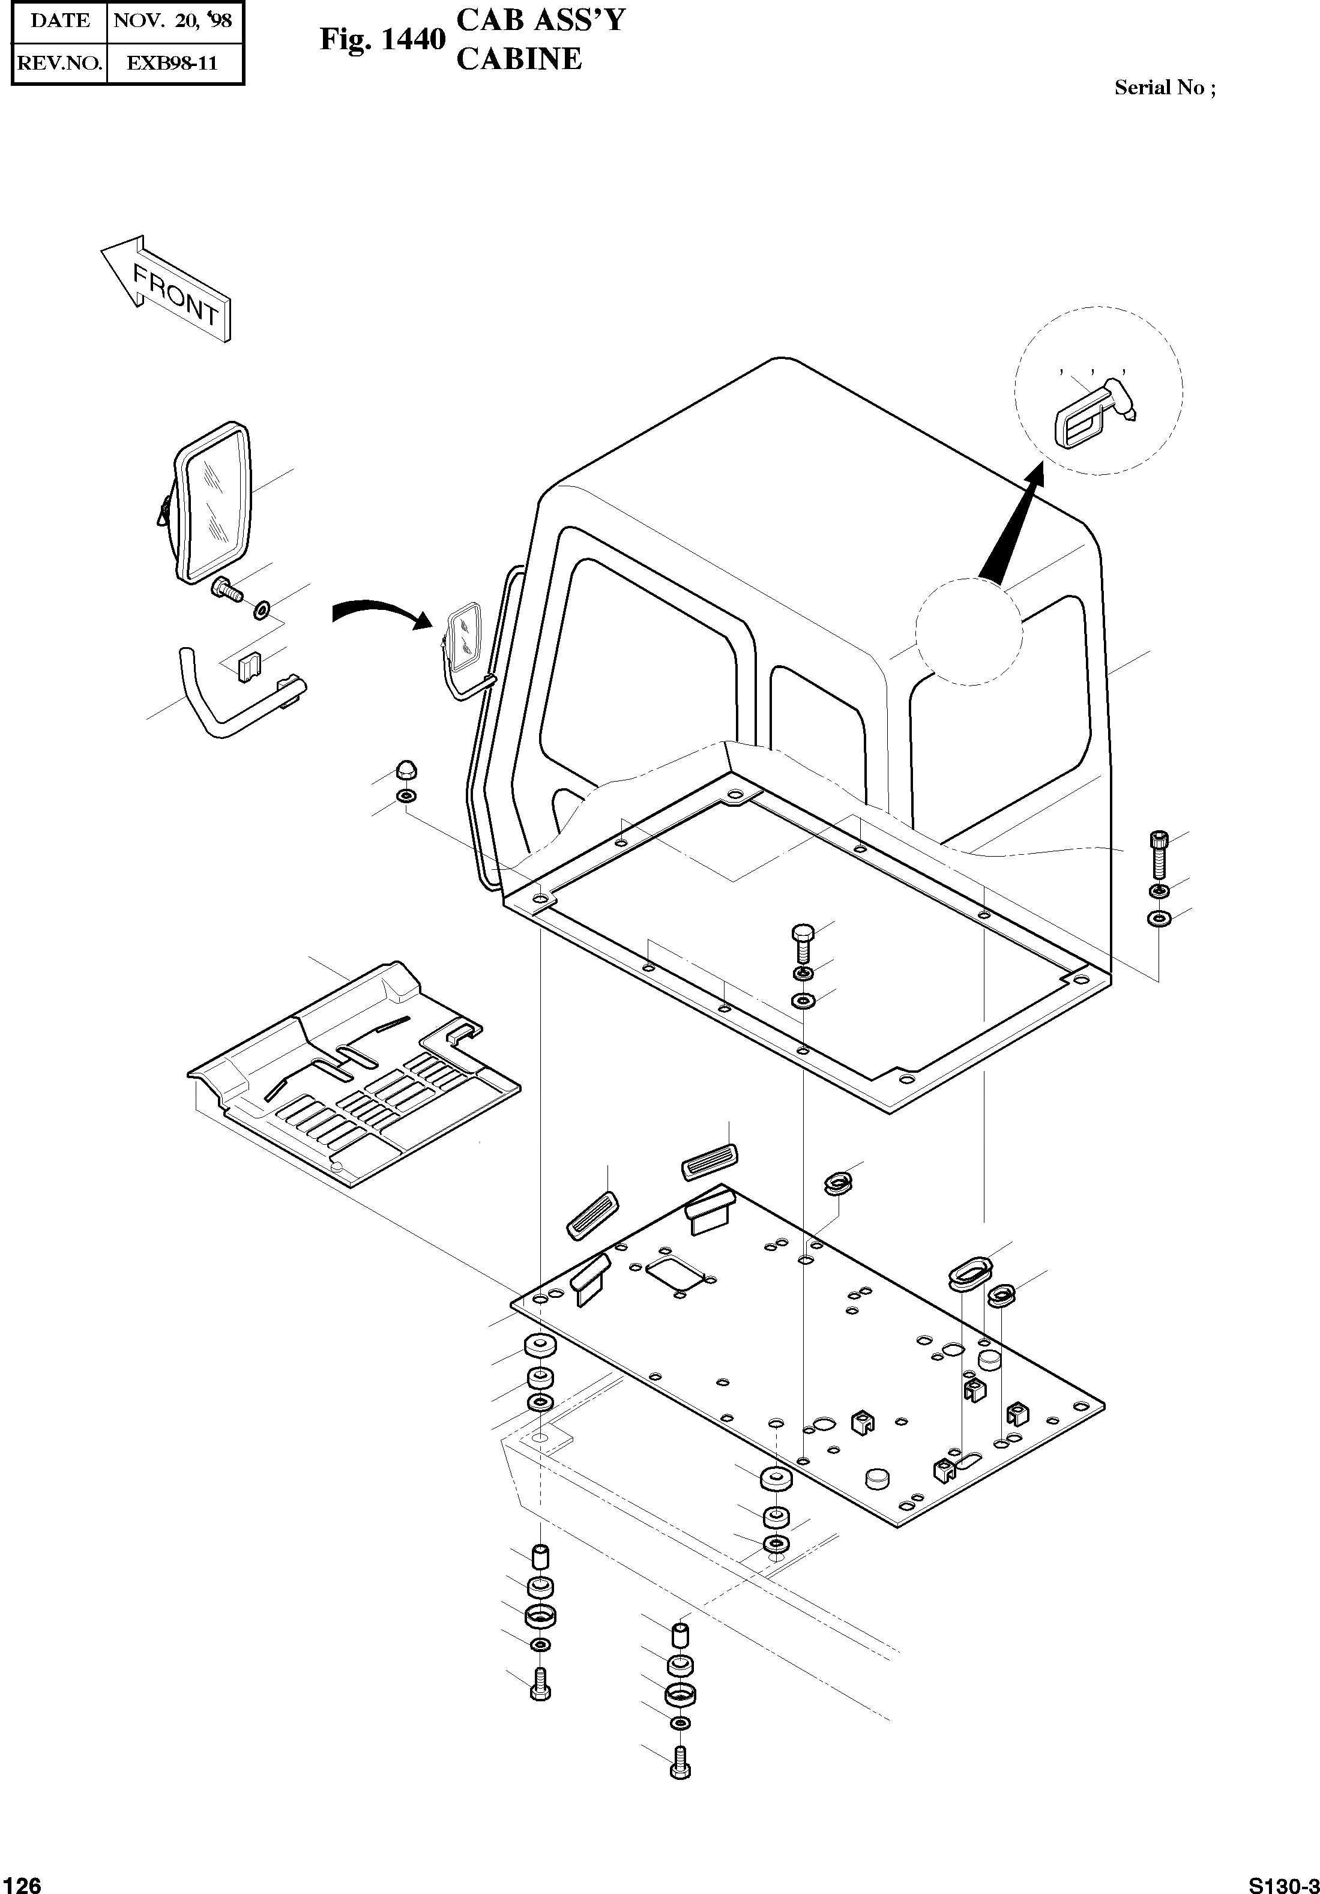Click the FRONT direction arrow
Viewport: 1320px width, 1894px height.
coord(165,288)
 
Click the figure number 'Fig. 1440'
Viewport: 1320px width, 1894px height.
coord(383,40)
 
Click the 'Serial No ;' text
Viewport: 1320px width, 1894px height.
coord(1164,88)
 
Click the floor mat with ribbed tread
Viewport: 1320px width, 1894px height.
coord(355,1081)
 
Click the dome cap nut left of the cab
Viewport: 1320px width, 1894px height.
coord(406,769)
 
